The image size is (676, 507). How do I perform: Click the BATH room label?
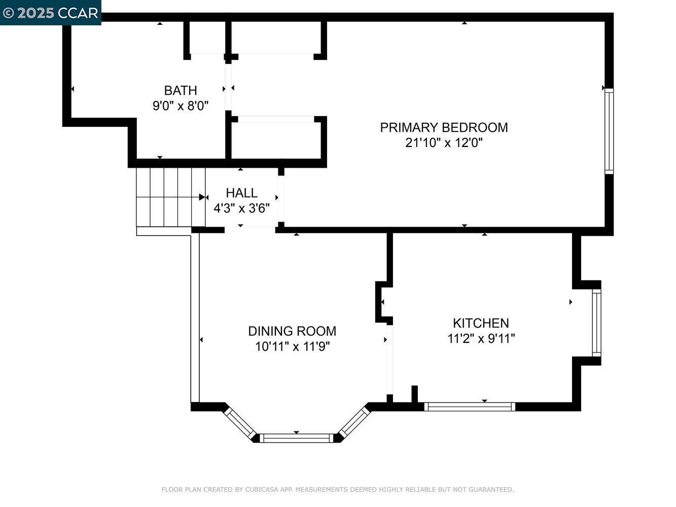(x=181, y=91)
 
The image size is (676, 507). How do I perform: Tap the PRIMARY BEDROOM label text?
(x=444, y=127)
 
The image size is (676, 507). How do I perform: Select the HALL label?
(x=241, y=193)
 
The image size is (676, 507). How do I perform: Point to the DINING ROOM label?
(x=292, y=331)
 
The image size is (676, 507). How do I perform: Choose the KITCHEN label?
(x=481, y=323)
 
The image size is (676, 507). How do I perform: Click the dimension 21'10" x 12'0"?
(x=444, y=143)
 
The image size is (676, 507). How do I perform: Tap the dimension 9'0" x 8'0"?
(x=181, y=106)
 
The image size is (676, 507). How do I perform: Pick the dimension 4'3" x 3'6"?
(x=241, y=208)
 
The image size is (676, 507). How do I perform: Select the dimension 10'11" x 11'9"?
(x=292, y=347)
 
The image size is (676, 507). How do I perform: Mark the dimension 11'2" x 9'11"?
(x=481, y=339)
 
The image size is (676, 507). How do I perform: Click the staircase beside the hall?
(x=171, y=197)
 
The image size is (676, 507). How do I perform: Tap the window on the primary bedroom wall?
(x=609, y=131)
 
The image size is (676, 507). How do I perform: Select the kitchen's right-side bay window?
(x=596, y=323)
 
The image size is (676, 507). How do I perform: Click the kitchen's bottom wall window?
(x=470, y=407)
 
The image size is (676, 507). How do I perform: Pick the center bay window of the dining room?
(x=297, y=438)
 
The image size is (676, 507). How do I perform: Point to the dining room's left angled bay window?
(x=239, y=422)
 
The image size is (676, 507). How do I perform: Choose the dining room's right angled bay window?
(x=354, y=422)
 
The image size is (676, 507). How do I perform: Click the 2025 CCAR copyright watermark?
(x=50, y=13)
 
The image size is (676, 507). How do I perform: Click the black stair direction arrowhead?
(x=202, y=197)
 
